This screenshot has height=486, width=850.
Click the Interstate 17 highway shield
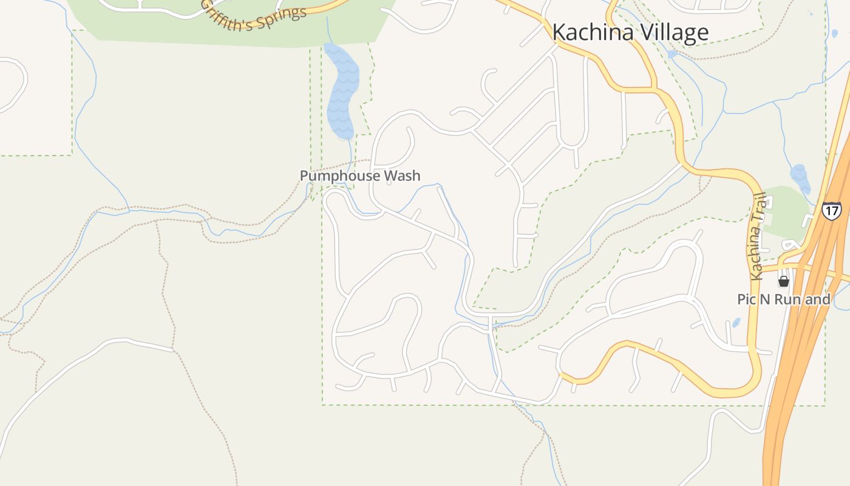832,211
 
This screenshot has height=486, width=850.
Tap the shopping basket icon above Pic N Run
784,281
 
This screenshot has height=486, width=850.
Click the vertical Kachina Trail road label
757,237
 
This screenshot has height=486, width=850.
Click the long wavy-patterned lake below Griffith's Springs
341,91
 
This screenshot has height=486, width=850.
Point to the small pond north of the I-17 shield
800,177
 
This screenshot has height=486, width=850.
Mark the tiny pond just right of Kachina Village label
672,55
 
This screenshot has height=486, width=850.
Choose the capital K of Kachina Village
559,32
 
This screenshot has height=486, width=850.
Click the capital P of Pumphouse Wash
304,176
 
